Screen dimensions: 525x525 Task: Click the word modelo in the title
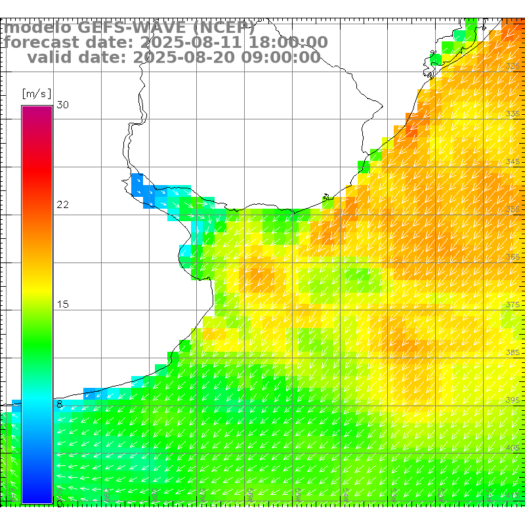coord(38,28)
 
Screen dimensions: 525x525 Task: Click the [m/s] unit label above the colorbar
coord(36,93)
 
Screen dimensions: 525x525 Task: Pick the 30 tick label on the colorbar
coord(63,105)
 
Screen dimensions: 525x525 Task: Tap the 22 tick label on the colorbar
coord(63,205)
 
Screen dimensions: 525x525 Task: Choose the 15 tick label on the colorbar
coord(63,304)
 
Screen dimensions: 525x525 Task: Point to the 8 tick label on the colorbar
coord(60,404)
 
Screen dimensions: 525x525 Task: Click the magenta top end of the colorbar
coord(37,110)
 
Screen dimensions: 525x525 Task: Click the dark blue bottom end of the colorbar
coord(37,499)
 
